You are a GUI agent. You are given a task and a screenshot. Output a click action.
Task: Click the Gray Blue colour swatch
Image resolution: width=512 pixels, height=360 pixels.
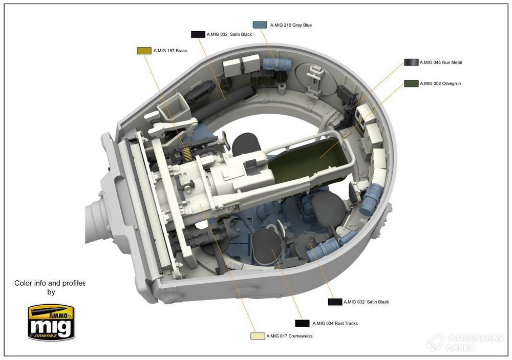tap(260, 25)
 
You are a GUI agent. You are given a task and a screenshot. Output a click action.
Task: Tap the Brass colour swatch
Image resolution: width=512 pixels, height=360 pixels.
tap(144, 51)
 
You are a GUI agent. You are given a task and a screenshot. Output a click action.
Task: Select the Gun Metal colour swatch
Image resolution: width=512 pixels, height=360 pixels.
tap(411, 62)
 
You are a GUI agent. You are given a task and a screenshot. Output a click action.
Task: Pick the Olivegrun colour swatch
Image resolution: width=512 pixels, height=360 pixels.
tap(411, 83)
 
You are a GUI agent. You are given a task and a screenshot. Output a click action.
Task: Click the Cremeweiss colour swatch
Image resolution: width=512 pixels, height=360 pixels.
tap(258, 336)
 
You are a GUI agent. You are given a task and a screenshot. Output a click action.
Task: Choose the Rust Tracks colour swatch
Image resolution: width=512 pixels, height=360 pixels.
tap(302, 323)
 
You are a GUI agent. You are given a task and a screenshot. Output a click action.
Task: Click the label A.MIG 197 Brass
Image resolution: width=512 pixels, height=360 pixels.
tap(170, 51)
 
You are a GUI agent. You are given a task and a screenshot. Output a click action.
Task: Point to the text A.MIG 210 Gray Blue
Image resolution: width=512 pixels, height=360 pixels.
tap(291, 25)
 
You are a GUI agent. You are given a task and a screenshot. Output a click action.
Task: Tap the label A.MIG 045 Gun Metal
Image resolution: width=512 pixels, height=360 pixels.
tap(441, 62)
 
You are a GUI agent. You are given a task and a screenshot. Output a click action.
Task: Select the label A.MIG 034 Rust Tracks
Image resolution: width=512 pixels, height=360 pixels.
tap(335, 324)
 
